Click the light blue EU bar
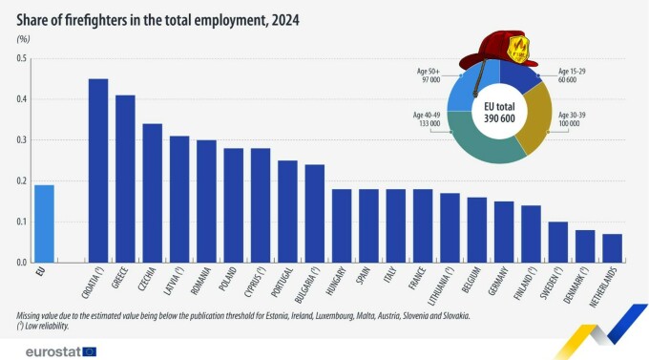point(44,223)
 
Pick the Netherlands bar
point(612,247)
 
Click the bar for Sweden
point(558,242)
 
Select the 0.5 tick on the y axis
point(20,59)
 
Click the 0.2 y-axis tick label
point(20,180)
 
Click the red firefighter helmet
point(497,49)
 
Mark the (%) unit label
point(23,39)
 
